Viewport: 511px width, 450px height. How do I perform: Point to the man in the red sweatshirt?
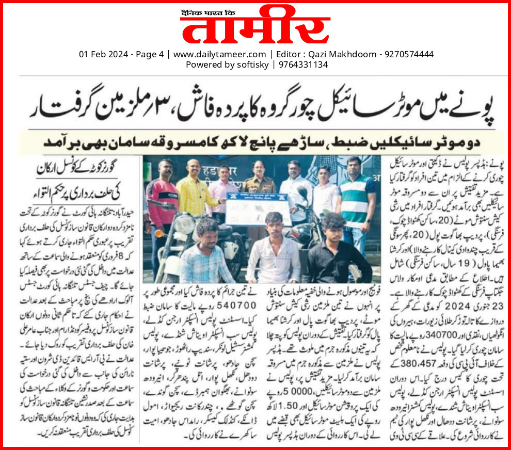click(x=164, y=201)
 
